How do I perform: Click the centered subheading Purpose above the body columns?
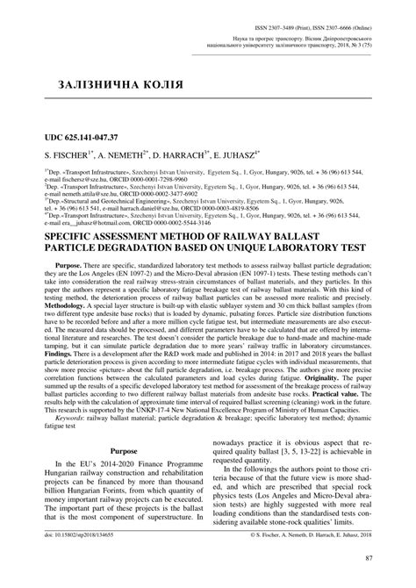pos(116,475)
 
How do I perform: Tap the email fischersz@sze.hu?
pos(69,177)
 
